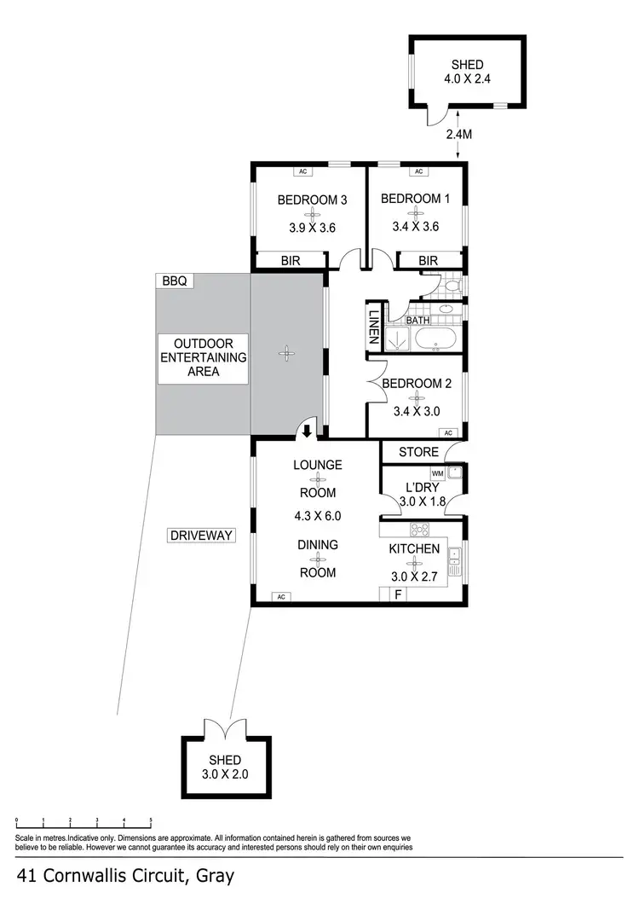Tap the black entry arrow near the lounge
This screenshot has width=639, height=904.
pyautogui.click(x=308, y=432)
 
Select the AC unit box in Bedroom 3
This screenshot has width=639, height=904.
pyautogui.click(x=302, y=171)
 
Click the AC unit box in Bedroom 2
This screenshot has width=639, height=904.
pyautogui.click(x=448, y=433)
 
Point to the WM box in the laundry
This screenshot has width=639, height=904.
pyautogui.click(x=438, y=473)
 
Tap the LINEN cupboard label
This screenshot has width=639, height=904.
pyautogui.click(x=373, y=326)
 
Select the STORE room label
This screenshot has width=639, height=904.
pyautogui.click(x=418, y=452)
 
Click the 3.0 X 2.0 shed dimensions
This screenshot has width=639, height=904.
pyautogui.click(x=225, y=774)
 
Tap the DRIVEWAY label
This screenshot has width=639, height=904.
pyautogui.click(x=200, y=536)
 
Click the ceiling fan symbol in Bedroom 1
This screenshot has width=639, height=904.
pyautogui.click(x=415, y=213)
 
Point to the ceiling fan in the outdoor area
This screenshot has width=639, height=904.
pyautogui.click(x=287, y=351)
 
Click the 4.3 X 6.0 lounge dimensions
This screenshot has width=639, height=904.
pyautogui.click(x=317, y=516)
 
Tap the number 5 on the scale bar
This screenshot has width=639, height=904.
pyautogui.click(x=151, y=820)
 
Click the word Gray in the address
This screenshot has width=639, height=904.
pyautogui.click(x=216, y=875)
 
